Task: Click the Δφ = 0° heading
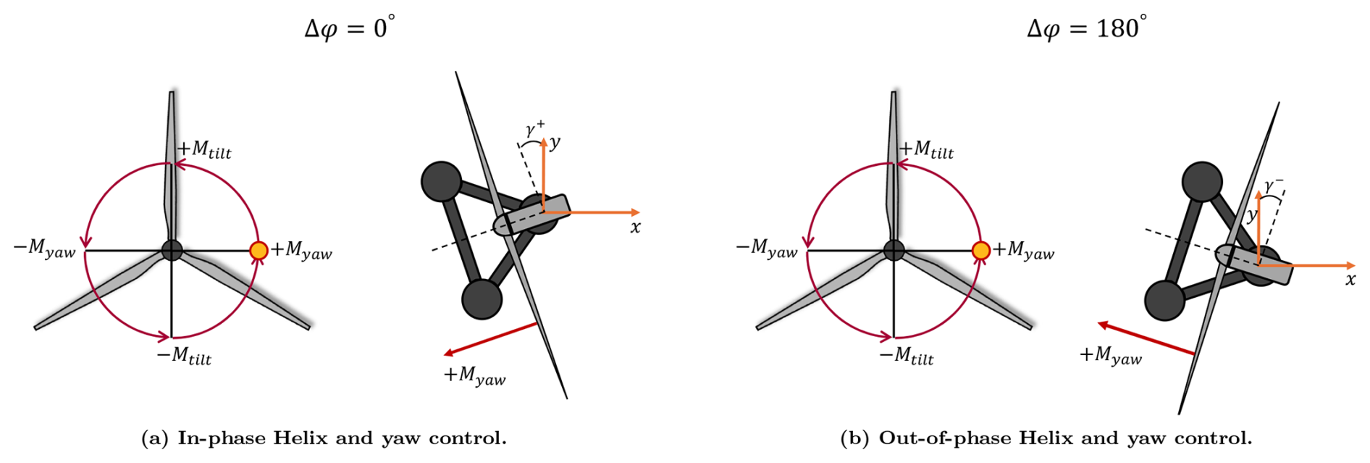click(349, 28)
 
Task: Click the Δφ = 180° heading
click(1086, 28)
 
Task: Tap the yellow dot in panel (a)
click(259, 251)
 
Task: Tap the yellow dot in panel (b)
click(980, 251)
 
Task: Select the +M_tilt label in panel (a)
click(205, 150)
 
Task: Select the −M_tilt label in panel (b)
click(907, 356)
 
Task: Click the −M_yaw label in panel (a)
click(45, 249)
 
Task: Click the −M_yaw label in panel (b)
click(767, 249)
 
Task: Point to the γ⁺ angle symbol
click(534, 129)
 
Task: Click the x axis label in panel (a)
click(635, 228)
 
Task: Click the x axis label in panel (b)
click(1350, 280)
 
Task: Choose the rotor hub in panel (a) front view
click(172, 251)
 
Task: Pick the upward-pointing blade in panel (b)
click(894, 167)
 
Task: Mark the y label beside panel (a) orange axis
click(555, 143)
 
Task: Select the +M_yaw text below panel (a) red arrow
click(475, 375)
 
